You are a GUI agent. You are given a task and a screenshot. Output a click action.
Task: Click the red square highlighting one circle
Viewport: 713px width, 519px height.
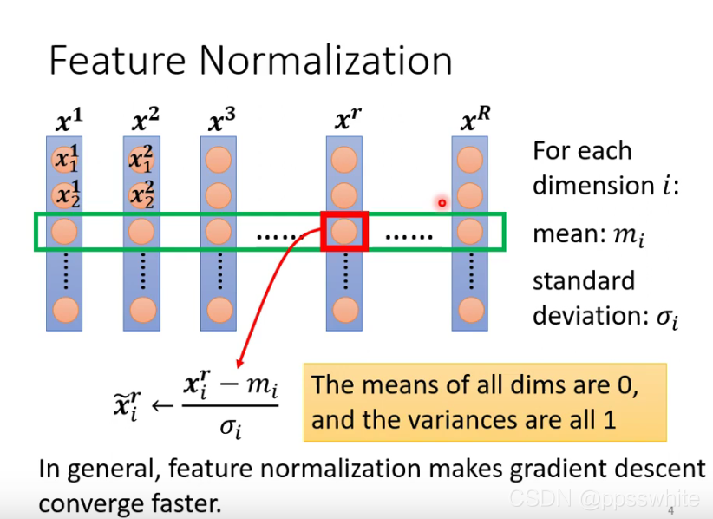coord(345,232)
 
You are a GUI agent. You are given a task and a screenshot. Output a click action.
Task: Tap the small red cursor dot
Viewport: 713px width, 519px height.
coord(442,203)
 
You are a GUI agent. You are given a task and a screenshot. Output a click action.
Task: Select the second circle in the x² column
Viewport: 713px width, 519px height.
coord(142,195)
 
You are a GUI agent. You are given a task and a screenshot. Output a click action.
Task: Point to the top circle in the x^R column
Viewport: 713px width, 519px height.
coord(470,160)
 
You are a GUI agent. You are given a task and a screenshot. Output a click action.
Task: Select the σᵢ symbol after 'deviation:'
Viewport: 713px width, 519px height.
coord(665,317)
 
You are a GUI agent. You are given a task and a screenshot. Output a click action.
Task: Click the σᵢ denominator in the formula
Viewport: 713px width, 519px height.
coord(230,425)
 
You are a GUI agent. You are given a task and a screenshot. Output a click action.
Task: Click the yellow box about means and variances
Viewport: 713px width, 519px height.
coord(484,403)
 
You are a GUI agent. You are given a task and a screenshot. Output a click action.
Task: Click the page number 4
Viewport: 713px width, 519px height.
coord(670,511)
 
